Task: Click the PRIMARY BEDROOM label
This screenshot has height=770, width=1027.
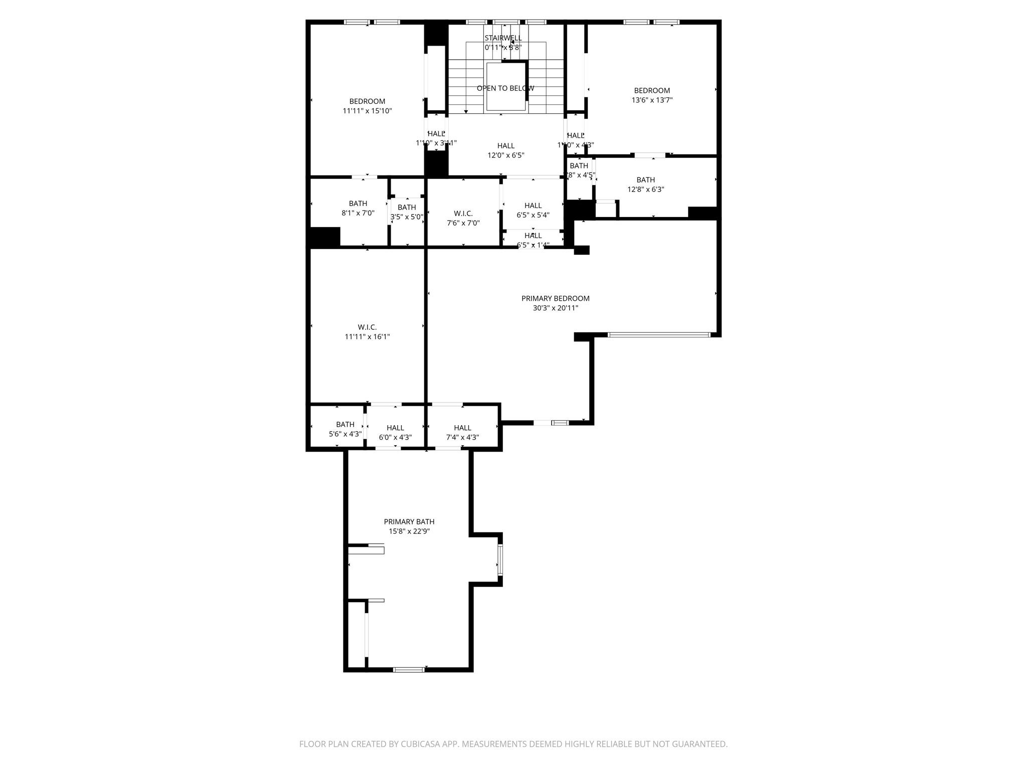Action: click(555, 298)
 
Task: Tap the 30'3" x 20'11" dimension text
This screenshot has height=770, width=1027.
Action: click(555, 308)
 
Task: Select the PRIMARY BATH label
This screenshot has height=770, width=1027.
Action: click(409, 522)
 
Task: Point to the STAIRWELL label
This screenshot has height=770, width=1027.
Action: click(503, 38)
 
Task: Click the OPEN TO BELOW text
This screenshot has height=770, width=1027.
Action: click(505, 88)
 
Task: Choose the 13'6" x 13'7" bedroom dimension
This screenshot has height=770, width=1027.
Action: click(651, 100)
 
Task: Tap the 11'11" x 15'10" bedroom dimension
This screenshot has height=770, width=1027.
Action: click(367, 111)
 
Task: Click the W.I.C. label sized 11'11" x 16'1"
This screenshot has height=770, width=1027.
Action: click(367, 327)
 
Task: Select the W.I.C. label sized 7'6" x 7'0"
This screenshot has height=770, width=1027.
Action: click(463, 214)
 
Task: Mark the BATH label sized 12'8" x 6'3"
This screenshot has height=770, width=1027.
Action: click(645, 180)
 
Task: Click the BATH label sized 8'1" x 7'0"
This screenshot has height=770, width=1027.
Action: click(358, 204)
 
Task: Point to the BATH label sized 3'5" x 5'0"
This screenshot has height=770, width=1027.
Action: click(407, 208)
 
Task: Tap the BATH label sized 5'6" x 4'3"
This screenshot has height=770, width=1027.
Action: click(345, 425)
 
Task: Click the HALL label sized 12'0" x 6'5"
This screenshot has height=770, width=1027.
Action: click(505, 146)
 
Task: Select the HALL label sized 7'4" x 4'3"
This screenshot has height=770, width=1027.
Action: click(462, 428)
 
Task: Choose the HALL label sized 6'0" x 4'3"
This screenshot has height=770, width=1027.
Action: click(395, 428)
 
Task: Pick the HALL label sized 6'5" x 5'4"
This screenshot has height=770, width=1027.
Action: click(533, 206)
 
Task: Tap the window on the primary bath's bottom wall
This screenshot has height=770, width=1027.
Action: click(408, 669)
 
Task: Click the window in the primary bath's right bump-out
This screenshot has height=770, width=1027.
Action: click(499, 559)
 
